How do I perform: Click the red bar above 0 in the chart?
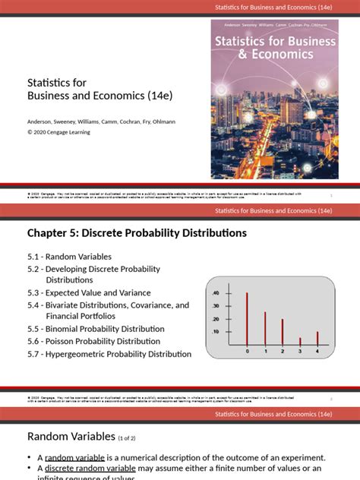point(247,320)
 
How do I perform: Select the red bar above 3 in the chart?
point(300,342)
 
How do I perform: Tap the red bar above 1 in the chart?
point(265,329)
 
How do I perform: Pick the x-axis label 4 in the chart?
point(317,352)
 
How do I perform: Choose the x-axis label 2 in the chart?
point(283,352)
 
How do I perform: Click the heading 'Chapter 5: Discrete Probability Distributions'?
point(137,233)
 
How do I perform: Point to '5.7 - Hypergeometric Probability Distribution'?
point(109,353)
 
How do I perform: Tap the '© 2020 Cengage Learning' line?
point(58,131)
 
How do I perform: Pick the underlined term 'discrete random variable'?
point(90,469)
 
